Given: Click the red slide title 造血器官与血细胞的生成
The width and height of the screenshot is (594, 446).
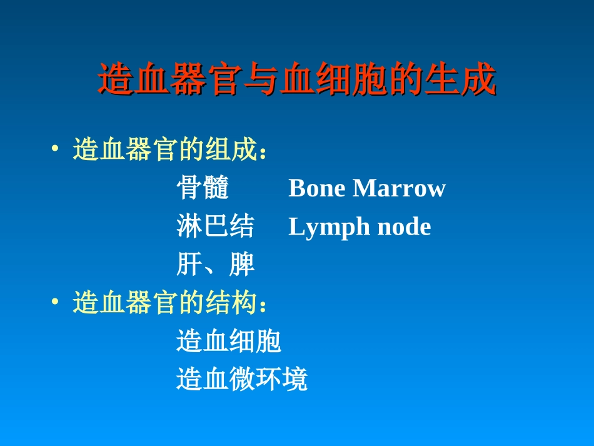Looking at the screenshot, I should (297, 80).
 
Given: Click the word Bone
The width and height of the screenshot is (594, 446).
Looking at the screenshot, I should (317, 188).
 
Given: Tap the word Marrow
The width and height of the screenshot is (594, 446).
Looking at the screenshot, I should (399, 188).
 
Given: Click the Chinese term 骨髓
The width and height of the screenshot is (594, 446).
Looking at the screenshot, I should (203, 188).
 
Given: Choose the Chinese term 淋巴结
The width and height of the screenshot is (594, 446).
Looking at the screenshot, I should (216, 226).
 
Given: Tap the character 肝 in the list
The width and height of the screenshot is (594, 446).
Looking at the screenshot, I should (189, 265).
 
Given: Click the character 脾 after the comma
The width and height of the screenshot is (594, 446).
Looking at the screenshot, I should (242, 265).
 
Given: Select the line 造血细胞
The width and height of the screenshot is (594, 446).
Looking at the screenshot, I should (229, 342).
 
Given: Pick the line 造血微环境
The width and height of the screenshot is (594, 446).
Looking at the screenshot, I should (242, 380).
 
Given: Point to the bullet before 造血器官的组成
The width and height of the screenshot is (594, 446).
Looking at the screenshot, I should (56, 150).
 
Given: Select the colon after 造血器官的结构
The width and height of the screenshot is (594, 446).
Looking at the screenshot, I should (263, 306).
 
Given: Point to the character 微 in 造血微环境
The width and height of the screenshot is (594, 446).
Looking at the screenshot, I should (242, 380).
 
